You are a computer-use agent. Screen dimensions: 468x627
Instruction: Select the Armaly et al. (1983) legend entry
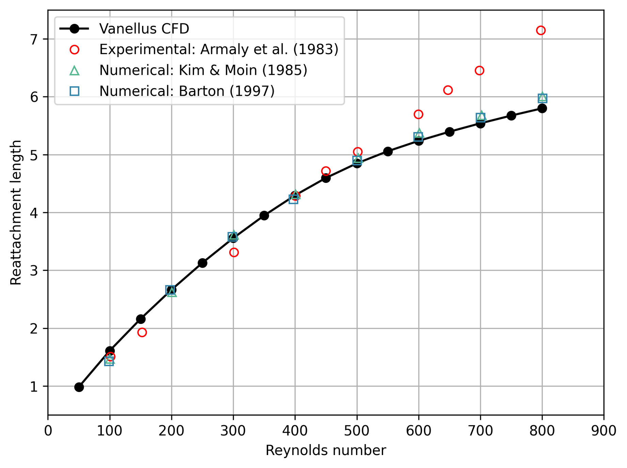pyautogui.click(x=218, y=50)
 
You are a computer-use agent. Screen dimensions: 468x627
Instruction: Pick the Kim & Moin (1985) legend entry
pyautogui.click(x=203, y=71)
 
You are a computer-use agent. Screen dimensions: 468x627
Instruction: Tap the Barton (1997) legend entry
pyautogui.click(x=187, y=91)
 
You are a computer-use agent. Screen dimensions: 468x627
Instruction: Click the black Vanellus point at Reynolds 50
pyautogui.click(x=79, y=387)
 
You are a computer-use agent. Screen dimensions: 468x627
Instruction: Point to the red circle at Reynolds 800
pyautogui.click(x=540, y=31)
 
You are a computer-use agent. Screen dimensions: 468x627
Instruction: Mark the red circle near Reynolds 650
pyautogui.click(x=448, y=90)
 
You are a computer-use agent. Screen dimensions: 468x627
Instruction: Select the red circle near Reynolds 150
pyautogui.click(x=142, y=332)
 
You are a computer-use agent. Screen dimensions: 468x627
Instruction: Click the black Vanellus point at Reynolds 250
pyautogui.click(x=203, y=263)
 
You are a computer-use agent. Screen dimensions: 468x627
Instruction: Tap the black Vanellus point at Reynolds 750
pyautogui.click(x=511, y=116)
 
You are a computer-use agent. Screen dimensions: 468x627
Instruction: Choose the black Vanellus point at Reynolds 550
pyautogui.click(x=388, y=152)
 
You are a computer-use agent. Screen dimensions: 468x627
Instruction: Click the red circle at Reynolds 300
pyautogui.click(x=234, y=252)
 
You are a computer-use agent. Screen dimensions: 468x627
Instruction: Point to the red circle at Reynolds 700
pyautogui.click(x=479, y=71)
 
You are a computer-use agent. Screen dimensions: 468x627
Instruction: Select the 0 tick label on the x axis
pyautogui.click(x=48, y=431)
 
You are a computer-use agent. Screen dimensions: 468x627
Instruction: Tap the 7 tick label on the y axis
pyautogui.click(x=34, y=40)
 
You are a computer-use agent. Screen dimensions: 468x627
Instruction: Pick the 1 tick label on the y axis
pyautogui.click(x=34, y=387)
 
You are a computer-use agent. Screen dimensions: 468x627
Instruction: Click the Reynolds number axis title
pyautogui.click(x=326, y=451)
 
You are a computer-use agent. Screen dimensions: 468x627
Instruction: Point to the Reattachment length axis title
pyautogui.click(x=16, y=213)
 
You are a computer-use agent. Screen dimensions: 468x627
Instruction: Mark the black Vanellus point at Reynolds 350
pyautogui.click(x=264, y=215)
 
